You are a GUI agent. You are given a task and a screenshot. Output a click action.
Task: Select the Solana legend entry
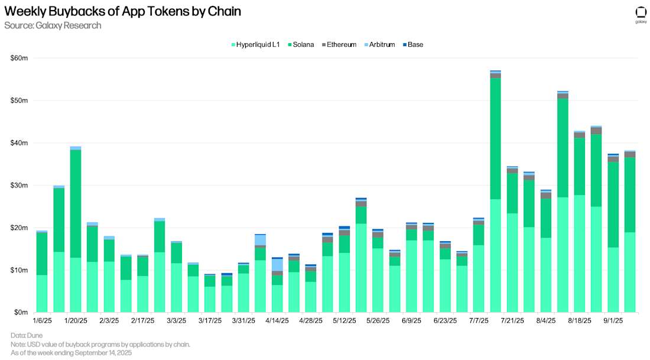click(x=303, y=44)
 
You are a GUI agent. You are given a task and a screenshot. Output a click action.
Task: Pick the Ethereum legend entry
click(x=340, y=44)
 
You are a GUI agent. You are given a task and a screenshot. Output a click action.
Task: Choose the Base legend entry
click(x=415, y=44)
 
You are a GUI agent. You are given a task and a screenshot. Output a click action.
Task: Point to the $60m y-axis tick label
click(x=19, y=58)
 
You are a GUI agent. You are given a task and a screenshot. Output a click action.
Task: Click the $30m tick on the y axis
click(x=19, y=185)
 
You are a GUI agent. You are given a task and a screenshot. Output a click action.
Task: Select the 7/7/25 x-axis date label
click(x=479, y=320)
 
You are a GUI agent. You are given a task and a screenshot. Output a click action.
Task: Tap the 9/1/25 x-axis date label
click(x=613, y=320)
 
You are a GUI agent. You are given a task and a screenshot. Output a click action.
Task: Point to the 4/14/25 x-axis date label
click(x=277, y=320)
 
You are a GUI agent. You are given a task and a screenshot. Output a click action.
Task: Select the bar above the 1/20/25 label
click(x=75, y=231)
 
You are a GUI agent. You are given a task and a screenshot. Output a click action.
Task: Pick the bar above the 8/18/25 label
click(x=579, y=225)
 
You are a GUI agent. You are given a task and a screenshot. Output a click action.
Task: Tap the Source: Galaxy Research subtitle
click(x=53, y=25)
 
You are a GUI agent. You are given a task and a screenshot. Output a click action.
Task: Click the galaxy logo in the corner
click(x=641, y=13)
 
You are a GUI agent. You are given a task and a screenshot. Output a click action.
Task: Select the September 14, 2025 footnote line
click(x=71, y=353)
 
